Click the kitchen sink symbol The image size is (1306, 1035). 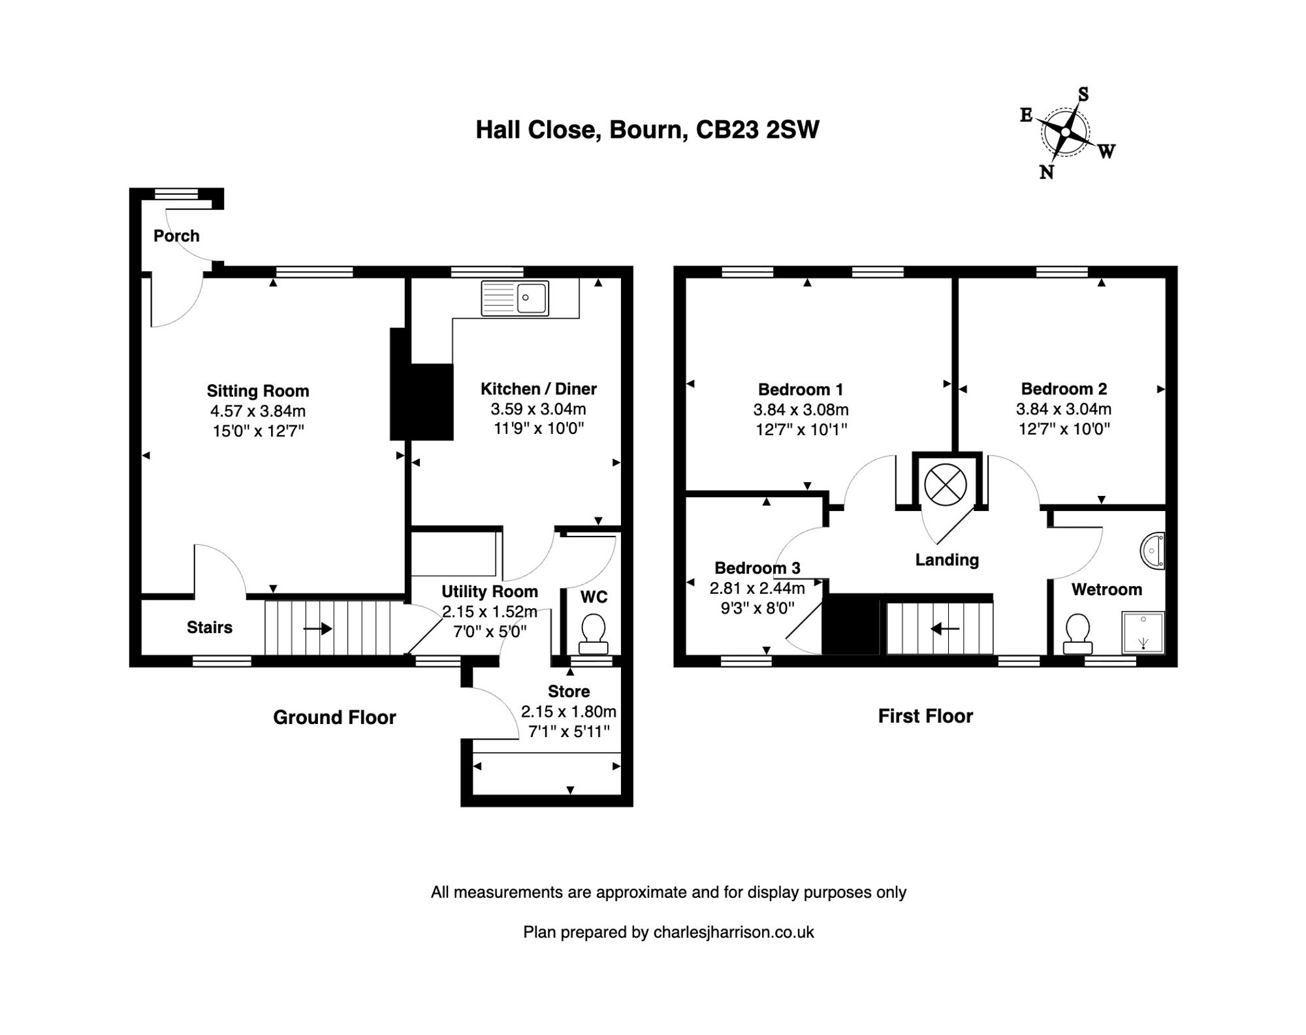tap(515, 299)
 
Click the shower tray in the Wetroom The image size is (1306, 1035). tap(1143, 632)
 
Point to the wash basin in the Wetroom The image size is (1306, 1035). tap(1153, 551)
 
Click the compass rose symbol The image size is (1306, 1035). tap(1065, 132)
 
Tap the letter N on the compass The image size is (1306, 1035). tap(1046, 172)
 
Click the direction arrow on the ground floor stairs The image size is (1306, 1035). tap(318, 629)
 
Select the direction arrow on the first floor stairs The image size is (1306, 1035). tap(944, 629)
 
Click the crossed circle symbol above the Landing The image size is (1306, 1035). tap(945, 485)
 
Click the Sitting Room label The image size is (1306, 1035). tap(258, 391)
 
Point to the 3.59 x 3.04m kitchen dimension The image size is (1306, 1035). tap(538, 409)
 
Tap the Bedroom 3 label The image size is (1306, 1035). tap(757, 568)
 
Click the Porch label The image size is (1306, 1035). tap(176, 236)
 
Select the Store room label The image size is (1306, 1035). tap(568, 691)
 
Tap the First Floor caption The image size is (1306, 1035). tap(925, 716)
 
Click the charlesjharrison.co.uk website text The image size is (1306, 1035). tap(733, 932)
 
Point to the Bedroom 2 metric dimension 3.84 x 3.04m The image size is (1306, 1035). tap(1063, 409)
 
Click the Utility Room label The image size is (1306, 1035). tap(490, 591)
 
